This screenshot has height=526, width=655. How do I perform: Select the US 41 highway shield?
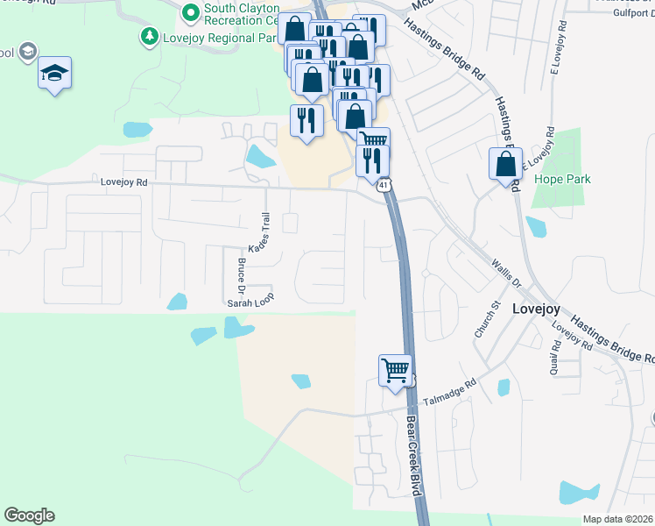[384, 185]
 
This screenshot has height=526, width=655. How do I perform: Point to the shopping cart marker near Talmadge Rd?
[396, 370]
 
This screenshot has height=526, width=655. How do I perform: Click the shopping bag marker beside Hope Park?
[505, 164]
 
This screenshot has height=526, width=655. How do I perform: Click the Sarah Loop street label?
[251, 302]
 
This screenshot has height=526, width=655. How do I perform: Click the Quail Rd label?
[555, 358]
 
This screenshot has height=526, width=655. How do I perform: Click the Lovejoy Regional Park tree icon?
[150, 37]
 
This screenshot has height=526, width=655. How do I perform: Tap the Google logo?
[29, 515]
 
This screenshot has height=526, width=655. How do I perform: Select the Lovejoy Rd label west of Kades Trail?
[124, 183]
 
